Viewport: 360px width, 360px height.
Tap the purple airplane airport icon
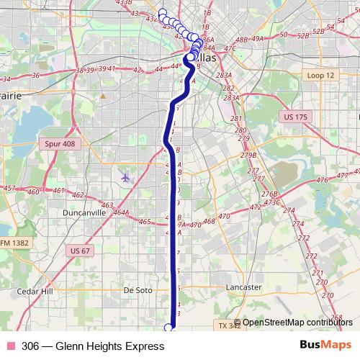[127, 177]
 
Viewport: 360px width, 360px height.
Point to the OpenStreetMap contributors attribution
[297, 323]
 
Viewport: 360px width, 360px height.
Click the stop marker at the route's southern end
[170, 328]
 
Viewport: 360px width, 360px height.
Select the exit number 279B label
[249, 155]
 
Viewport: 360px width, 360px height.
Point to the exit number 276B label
[269, 194]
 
